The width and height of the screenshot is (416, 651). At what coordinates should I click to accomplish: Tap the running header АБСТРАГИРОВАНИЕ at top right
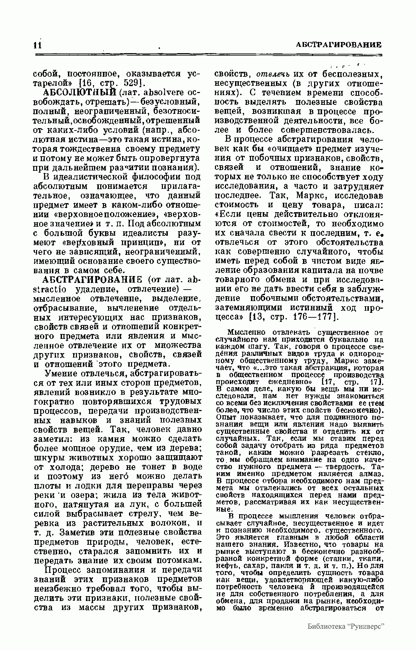click(339, 45)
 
